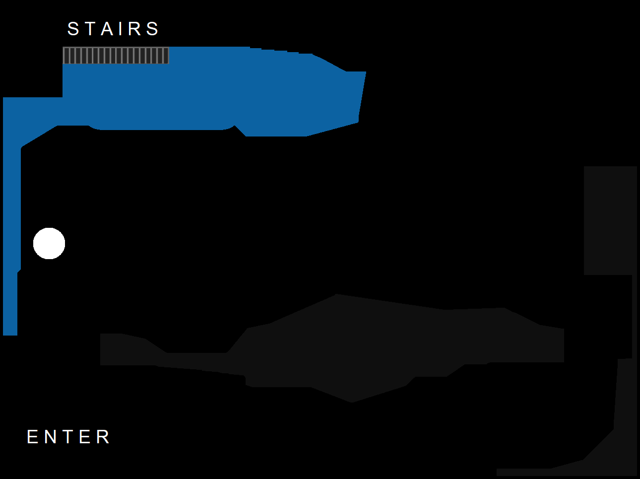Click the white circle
(49, 243)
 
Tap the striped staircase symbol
(116, 56)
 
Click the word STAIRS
(113, 29)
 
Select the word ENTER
(68, 437)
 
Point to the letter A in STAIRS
(107, 29)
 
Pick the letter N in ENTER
(51, 437)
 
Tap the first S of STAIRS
(73, 29)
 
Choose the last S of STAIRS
(152, 29)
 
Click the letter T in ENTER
(68, 437)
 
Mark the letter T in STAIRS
(90, 29)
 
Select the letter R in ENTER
(103, 437)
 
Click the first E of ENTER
(32, 437)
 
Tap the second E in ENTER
(85, 437)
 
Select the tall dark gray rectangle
(610, 220)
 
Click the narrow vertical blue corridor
(11, 233)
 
